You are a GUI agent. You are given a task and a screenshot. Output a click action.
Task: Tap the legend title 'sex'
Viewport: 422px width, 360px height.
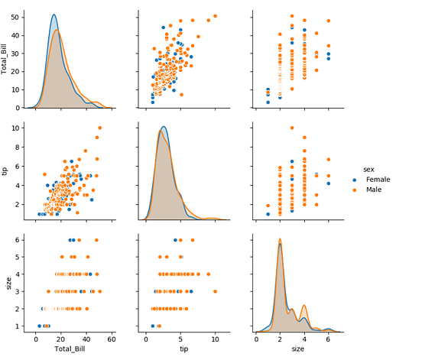click(x=368, y=169)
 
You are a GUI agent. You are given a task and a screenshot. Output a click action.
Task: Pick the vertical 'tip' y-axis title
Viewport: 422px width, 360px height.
click(x=7, y=171)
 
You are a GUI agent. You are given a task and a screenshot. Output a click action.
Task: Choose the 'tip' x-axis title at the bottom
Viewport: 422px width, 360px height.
click(x=183, y=349)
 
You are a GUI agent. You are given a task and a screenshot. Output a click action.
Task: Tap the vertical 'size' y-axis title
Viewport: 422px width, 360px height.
click(x=7, y=283)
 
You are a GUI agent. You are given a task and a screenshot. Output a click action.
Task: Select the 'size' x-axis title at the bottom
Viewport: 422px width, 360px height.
click(x=297, y=349)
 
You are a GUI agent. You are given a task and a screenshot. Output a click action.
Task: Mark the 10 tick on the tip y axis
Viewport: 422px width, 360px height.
click(x=18, y=128)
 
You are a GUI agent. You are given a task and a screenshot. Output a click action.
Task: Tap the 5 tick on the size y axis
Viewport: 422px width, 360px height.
click(x=18, y=256)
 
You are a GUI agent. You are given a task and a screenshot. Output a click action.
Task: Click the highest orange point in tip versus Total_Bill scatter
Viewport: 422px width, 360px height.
click(x=99, y=128)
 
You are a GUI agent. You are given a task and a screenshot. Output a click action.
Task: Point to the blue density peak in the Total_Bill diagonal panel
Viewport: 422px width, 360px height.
click(x=54, y=15)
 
